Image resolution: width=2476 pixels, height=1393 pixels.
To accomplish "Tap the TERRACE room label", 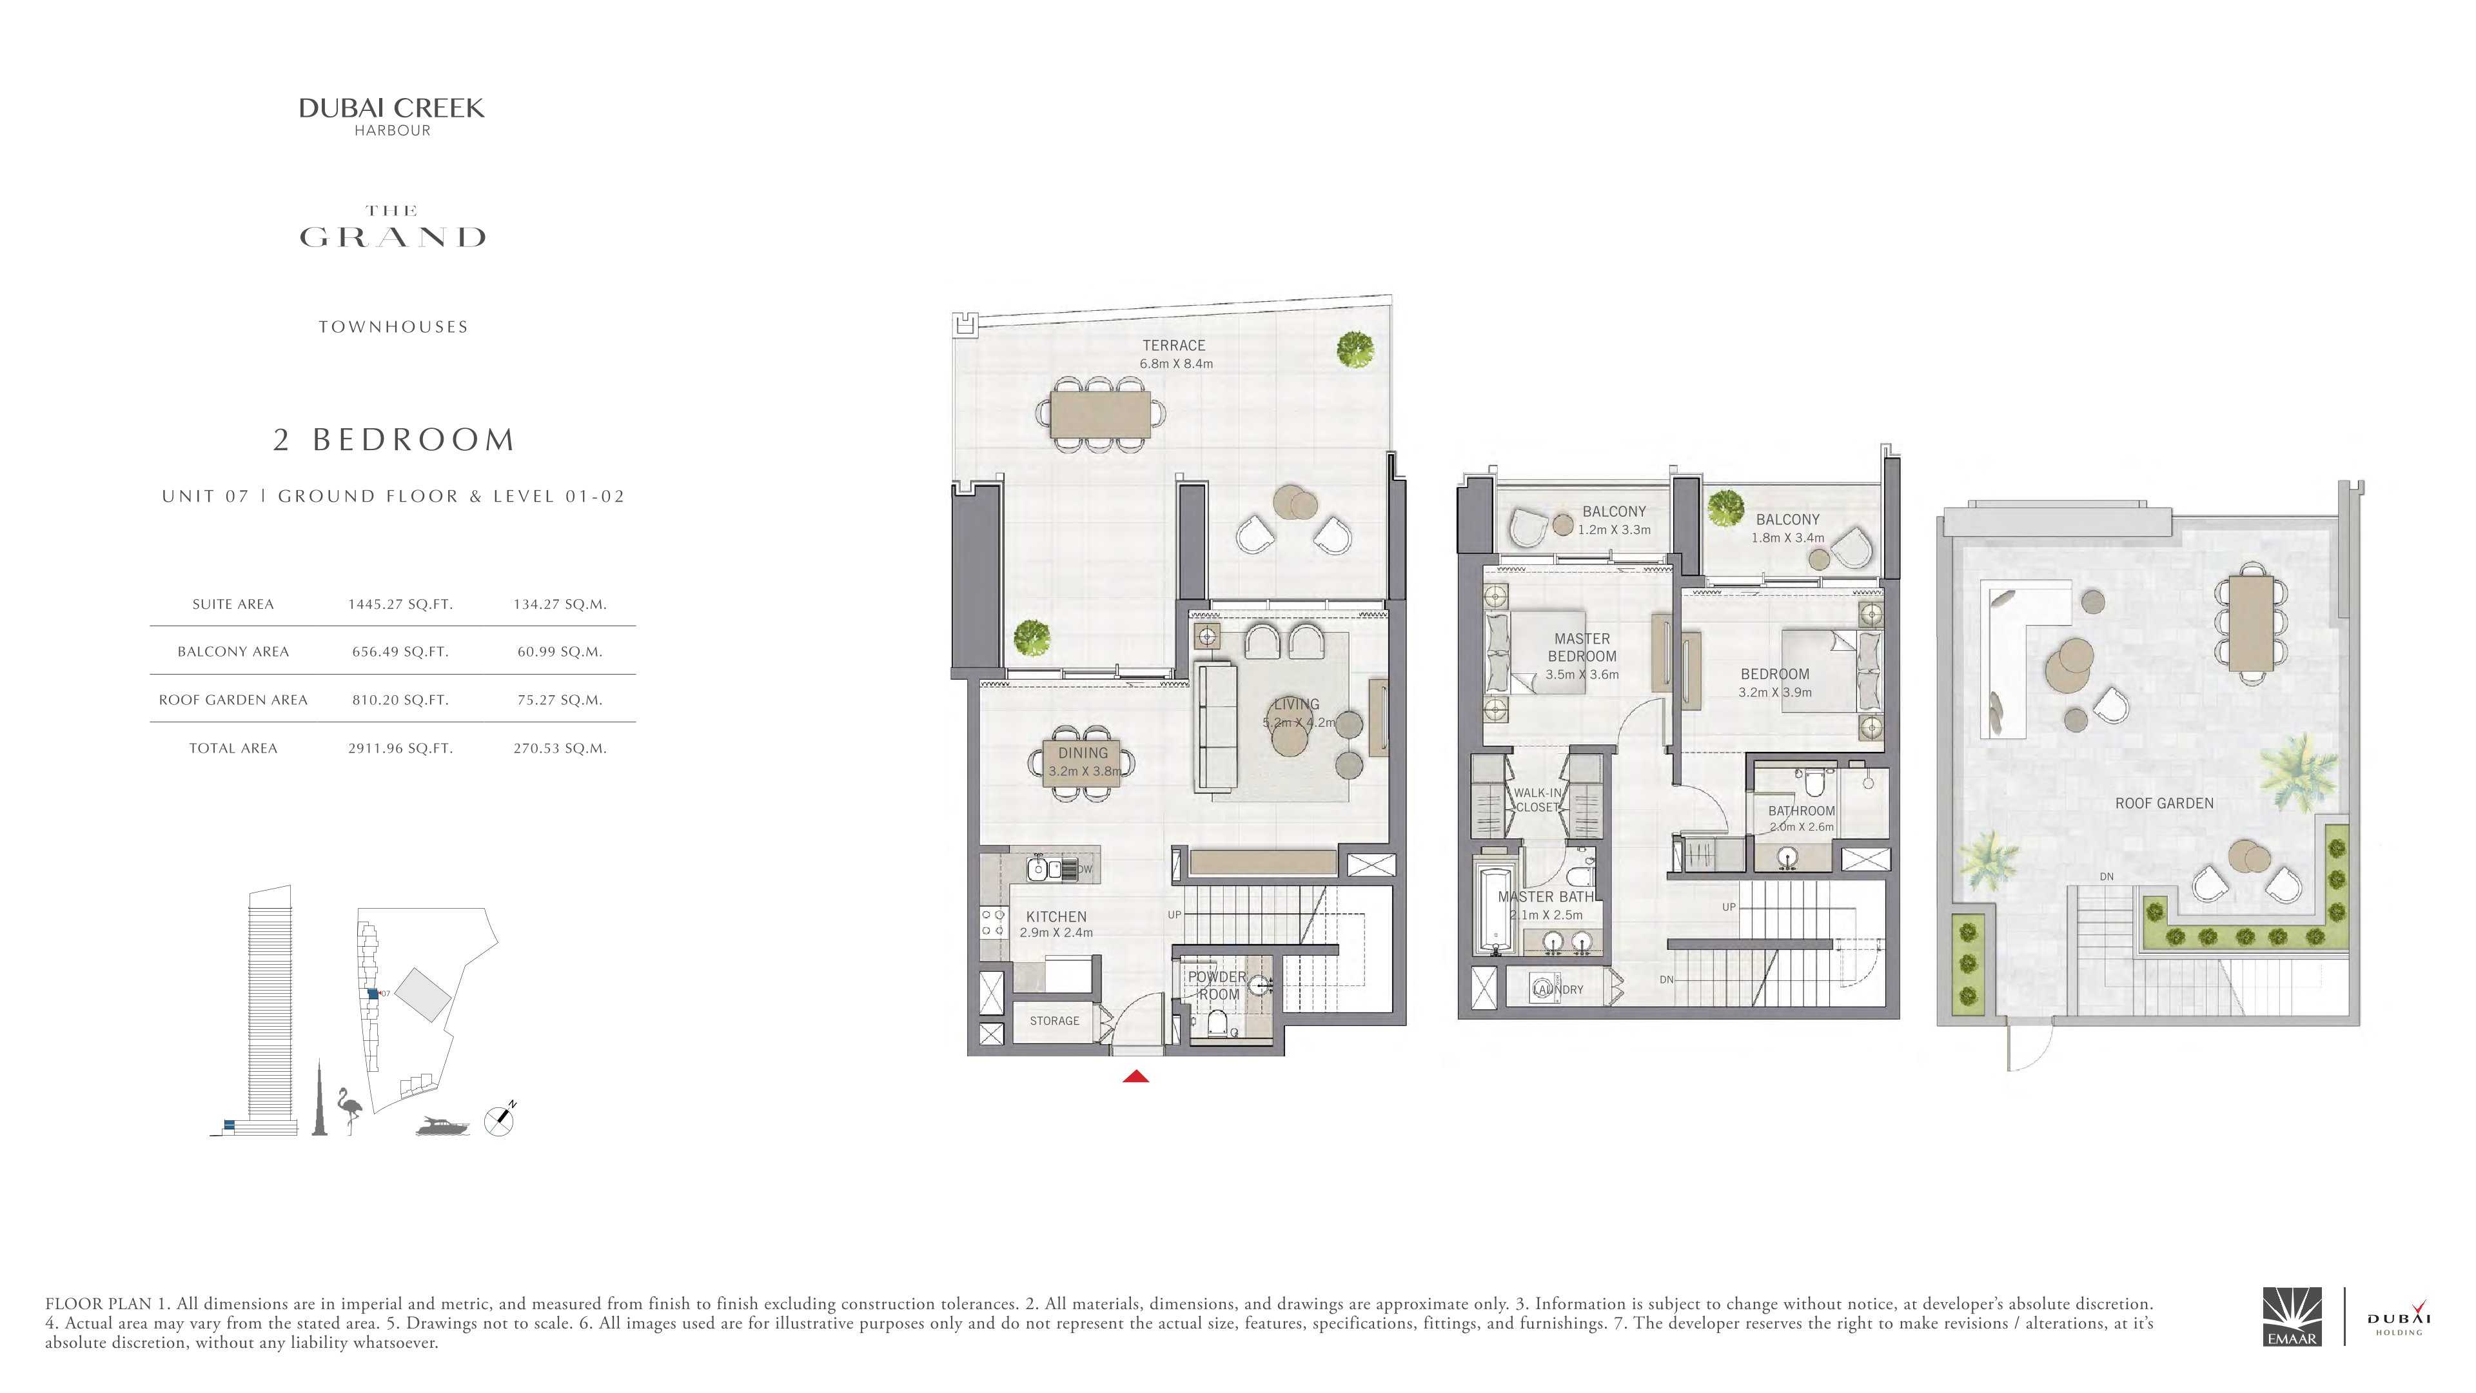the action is [x=1174, y=345].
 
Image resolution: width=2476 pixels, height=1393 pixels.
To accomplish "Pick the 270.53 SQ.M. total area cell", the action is [x=560, y=748].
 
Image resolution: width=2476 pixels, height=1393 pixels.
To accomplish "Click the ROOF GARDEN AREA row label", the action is [x=233, y=700].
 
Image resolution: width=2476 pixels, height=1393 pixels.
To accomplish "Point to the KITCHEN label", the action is [x=1056, y=917].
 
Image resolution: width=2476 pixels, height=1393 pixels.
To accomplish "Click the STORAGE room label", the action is [x=1054, y=1021].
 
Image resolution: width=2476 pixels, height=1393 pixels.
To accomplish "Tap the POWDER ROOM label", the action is [x=1218, y=985].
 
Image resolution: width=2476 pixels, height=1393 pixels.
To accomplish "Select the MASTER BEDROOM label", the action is [x=1582, y=647].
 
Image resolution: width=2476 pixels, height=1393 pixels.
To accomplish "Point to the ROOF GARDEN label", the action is [x=2165, y=804].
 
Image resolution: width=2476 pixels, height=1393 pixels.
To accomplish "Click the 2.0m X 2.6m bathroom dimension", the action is [x=1802, y=827].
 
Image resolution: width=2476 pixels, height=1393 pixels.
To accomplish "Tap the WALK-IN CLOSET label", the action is [x=1538, y=800].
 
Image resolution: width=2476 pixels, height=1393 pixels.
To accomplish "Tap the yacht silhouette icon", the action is [x=444, y=1126].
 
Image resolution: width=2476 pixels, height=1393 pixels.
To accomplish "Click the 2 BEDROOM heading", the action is [x=394, y=439].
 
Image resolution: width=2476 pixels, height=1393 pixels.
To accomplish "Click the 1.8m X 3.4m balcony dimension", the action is [x=1788, y=537].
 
